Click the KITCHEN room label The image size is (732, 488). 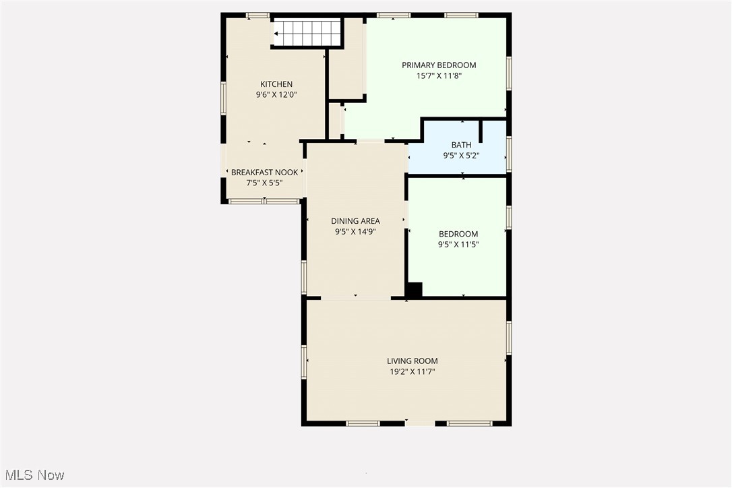(x=276, y=84)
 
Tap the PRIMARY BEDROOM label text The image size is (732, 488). (x=439, y=65)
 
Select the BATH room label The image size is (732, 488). (x=461, y=145)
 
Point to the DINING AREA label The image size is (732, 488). (x=355, y=221)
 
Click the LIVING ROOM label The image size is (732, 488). (x=413, y=361)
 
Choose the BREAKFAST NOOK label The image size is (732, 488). (x=264, y=173)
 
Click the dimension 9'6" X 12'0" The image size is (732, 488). (x=276, y=95)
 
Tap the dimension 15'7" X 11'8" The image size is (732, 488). (x=439, y=75)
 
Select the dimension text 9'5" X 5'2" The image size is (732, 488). (x=461, y=156)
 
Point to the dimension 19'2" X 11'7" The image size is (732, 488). (x=413, y=371)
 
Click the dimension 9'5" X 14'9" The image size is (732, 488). (x=355, y=232)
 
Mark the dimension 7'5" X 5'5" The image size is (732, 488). (x=264, y=183)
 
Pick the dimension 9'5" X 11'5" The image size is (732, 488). (x=458, y=244)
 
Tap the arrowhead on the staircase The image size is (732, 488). (x=276, y=34)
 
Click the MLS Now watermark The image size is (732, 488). (x=34, y=475)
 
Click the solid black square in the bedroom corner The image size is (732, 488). (x=414, y=290)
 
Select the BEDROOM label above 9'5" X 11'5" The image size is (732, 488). (x=458, y=234)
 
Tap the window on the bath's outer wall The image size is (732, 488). (x=509, y=154)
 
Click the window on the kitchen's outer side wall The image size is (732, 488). (x=224, y=98)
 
